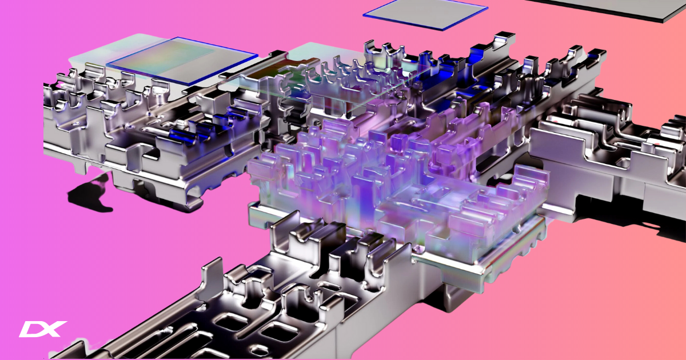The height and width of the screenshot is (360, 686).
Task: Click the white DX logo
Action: point(42,329)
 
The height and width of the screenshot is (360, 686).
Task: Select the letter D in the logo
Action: point(31,330)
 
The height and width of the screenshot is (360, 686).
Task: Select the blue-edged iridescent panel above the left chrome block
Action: point(183,60)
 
